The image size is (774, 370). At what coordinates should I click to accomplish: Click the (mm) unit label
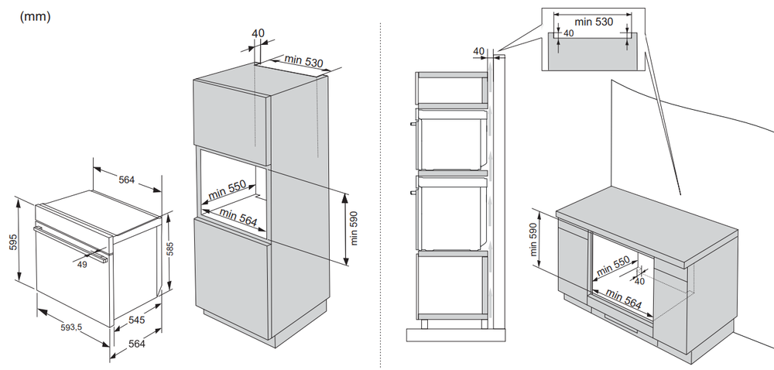tap(34, 16)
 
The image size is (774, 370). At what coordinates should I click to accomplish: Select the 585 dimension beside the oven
tap(170, 250)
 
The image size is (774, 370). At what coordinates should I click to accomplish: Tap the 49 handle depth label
tap(82, 263)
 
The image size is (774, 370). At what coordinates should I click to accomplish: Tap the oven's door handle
tap(70, 242)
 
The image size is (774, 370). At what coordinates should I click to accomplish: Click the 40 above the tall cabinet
tap(258, 33)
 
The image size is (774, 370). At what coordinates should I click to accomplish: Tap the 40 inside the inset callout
tap(569, 34)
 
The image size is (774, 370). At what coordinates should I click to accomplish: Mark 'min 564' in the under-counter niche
tap(624, 300)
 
